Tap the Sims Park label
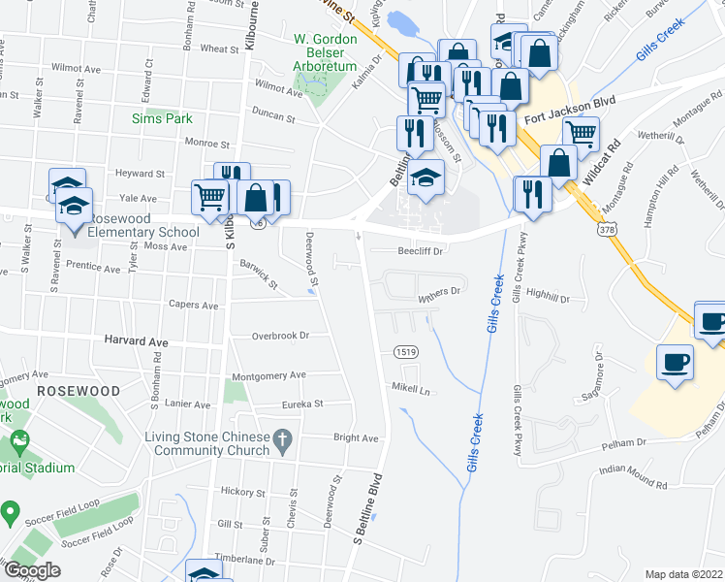(x=162, y=118)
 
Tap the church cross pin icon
(x=282, y=441)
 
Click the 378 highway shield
(x=607, y=229)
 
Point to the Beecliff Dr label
(x=420, y=250)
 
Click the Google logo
(x=32, y=570)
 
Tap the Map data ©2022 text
(x=683, y=574)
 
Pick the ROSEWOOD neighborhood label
(x=79, y=390)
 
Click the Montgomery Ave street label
(x=268, y=375)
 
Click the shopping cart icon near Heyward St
(x=210, y=196)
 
